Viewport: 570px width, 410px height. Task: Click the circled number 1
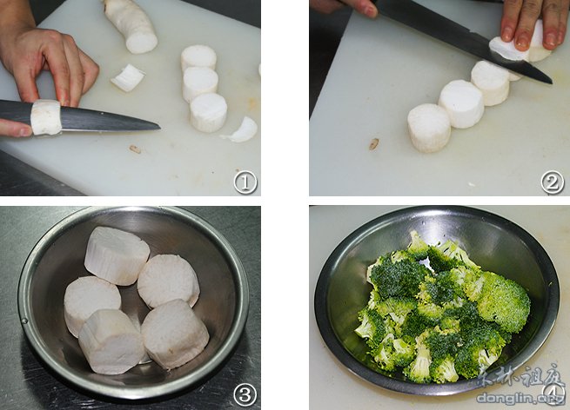(245, 182)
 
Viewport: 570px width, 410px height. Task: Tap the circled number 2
(552, 182)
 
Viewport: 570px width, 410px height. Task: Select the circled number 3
(245, 395)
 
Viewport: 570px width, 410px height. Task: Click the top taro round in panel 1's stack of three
(198, 58)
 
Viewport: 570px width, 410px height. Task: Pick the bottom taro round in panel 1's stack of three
(209, 112)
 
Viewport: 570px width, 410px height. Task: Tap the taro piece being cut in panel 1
(46, 117)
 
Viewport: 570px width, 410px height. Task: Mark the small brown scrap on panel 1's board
(135, 149)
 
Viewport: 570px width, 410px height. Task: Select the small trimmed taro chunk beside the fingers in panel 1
(128, 77)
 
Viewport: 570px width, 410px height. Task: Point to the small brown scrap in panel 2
(373, 144)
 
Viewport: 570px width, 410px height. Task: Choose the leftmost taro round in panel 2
(430, 128)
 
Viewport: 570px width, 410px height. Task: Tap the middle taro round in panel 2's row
(461, 103)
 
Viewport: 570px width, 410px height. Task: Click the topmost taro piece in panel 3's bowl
(117, 255)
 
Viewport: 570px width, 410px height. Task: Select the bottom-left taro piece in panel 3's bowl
(111, 341)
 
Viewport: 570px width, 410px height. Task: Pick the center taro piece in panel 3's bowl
(168, 281)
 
